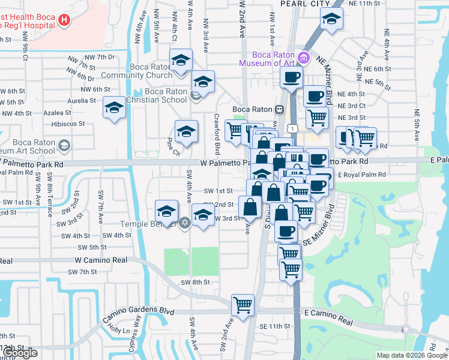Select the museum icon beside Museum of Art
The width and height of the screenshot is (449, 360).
[304, 58]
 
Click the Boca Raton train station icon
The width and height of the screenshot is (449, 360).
[279, 109]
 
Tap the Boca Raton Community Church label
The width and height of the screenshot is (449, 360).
[136, 71]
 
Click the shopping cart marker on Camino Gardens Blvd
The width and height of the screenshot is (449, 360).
[243, 304]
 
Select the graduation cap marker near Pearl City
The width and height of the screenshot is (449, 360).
[331, 19]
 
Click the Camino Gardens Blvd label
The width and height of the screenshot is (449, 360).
[139, 312]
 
